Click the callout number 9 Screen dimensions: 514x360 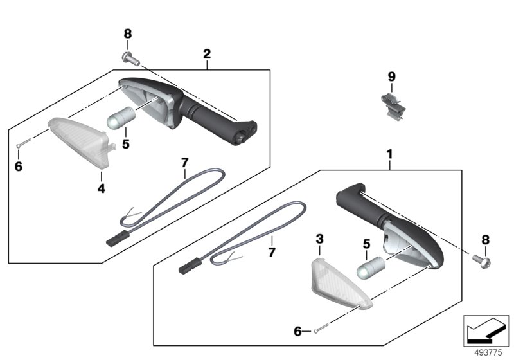click(392, 76)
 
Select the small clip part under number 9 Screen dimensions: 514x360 click(393, 106)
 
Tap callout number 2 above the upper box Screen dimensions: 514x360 click(207, 54)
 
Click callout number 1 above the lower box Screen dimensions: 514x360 click(389, 154)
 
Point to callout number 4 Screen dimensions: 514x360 click(102, 188)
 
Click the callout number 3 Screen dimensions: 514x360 click(319, 239)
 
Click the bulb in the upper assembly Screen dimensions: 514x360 click(121, 118)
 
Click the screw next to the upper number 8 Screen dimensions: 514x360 click(131, 59)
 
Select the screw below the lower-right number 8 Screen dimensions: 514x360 click(481, 261)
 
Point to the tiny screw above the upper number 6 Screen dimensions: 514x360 click(23, 143)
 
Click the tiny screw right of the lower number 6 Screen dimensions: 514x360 click(322, 328)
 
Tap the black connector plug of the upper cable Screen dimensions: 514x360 click(116, 238)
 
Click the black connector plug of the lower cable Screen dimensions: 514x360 click(190, 265)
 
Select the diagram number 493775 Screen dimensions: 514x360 click(488, 352)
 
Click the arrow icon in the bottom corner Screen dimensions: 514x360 click(486, 330)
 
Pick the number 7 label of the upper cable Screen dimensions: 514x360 click(185, 163)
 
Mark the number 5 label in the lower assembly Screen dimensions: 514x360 click(366, 244)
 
